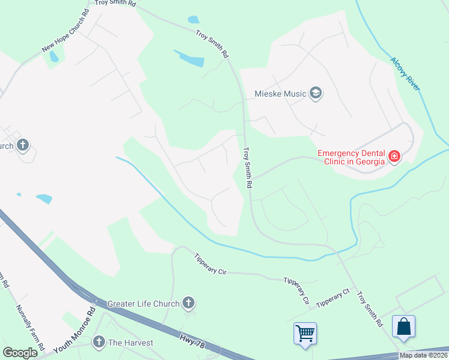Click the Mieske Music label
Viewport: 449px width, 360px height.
tap(281, 93)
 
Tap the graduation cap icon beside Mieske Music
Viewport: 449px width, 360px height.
tap(316, 93)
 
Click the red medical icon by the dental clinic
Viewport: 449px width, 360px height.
tap(394, 157)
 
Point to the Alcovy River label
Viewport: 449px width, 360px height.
tap(405, 74)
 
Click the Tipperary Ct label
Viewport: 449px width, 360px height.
tap(333, 300)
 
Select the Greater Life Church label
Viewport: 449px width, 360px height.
tap(143, 304)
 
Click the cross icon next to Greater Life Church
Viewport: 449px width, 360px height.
tap(188, 303)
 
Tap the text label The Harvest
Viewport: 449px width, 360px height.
tap(130, 343)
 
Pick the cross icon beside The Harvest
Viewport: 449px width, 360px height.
tap(98, 343)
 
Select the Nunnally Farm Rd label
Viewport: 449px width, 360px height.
tap(30, 328)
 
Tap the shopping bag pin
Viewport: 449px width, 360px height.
tap(404, 327)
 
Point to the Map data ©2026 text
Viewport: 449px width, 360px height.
tap(423, 355)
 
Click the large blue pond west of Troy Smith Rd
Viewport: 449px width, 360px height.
tap(189, 58)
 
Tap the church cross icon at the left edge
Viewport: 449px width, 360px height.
tap(23, 145)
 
